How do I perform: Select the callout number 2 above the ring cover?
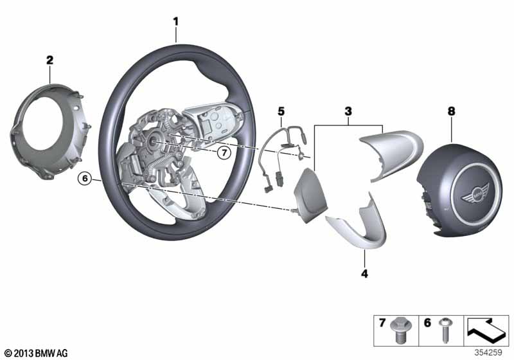[49, 60]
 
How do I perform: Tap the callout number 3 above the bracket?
[348, 112]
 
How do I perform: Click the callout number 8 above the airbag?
[451, 112]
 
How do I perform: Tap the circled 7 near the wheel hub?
[222, 153]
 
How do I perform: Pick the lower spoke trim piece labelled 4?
[360, 228]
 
